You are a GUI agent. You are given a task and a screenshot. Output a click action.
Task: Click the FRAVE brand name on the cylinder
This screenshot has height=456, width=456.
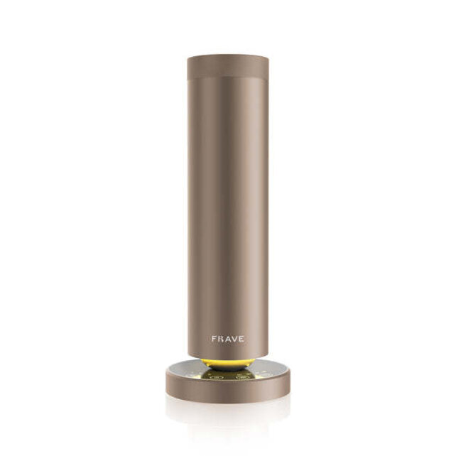coord(227,339)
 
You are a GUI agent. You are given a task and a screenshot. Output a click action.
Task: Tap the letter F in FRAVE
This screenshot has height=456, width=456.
coord(214,339)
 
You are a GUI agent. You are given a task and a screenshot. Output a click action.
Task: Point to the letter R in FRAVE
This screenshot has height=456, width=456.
coord(220,339)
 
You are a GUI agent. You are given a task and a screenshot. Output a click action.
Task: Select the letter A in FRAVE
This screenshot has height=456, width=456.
coord(227,339)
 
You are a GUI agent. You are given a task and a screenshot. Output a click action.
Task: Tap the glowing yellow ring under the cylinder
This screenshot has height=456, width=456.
coord(227,362)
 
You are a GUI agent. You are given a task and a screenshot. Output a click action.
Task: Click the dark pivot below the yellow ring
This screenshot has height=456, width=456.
coord(227,370)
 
